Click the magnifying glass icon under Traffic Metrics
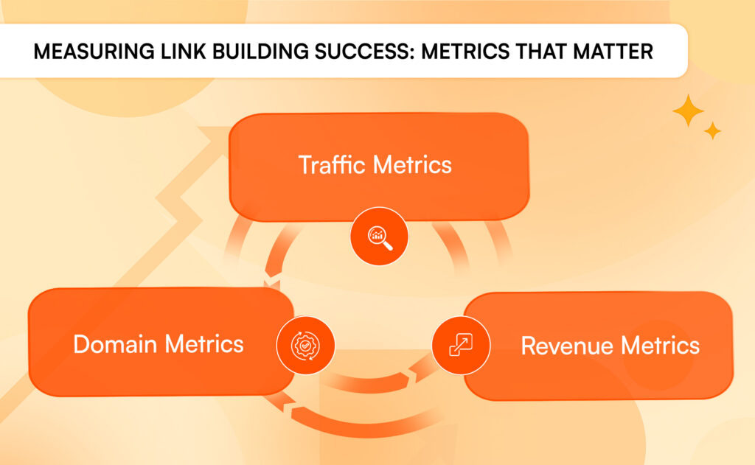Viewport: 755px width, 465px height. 379,236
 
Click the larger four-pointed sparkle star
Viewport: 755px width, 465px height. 688,110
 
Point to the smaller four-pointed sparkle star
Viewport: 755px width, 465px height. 712,131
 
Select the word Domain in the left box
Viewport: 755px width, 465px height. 115,344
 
